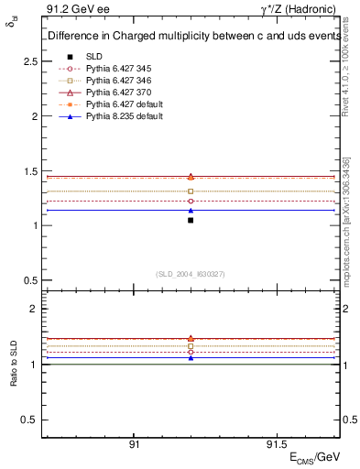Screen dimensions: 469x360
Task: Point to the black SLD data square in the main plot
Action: (x=191, y=220)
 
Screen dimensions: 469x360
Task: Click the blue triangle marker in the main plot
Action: (x=191, y=210)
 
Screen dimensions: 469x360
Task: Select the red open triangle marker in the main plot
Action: (x=191, y=176)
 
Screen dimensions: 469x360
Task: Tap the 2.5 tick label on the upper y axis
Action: (x=30, y=61)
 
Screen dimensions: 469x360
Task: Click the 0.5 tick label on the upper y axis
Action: (x=30, y=280)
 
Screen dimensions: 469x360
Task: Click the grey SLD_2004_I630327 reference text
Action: (x=191, y=274)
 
